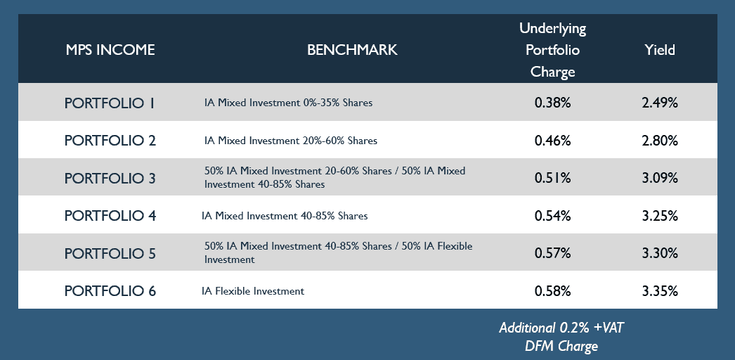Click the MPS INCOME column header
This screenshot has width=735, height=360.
click(110, 50)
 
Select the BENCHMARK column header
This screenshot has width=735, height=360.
click(352, 50)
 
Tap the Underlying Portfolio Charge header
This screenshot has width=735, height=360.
click(553, 50)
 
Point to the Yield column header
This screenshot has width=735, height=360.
click(660, 50)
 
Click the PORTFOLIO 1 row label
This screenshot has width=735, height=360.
click(110, 103)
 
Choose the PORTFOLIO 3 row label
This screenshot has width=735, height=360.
click(110, 178)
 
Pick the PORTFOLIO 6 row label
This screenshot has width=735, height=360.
click(110, 290)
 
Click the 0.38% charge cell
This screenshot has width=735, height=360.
click(553, 103)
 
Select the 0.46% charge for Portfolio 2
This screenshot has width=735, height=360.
click(553, 140)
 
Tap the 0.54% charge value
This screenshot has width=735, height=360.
click(553, 216)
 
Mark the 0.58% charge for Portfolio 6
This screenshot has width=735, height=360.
click(553, 290)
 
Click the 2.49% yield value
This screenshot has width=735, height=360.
click(660, 103)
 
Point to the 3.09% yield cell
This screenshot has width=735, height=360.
click(660, 178)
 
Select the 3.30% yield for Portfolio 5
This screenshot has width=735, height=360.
click(660, 253)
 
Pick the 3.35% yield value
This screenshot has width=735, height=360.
click(660, 290)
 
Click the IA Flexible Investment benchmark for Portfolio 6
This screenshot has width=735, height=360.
click(253, 291)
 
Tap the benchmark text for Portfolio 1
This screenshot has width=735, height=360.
click(288, 102)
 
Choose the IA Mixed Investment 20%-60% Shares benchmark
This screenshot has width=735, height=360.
click(291, 140)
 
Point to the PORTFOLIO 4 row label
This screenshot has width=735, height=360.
click(110, 216)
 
